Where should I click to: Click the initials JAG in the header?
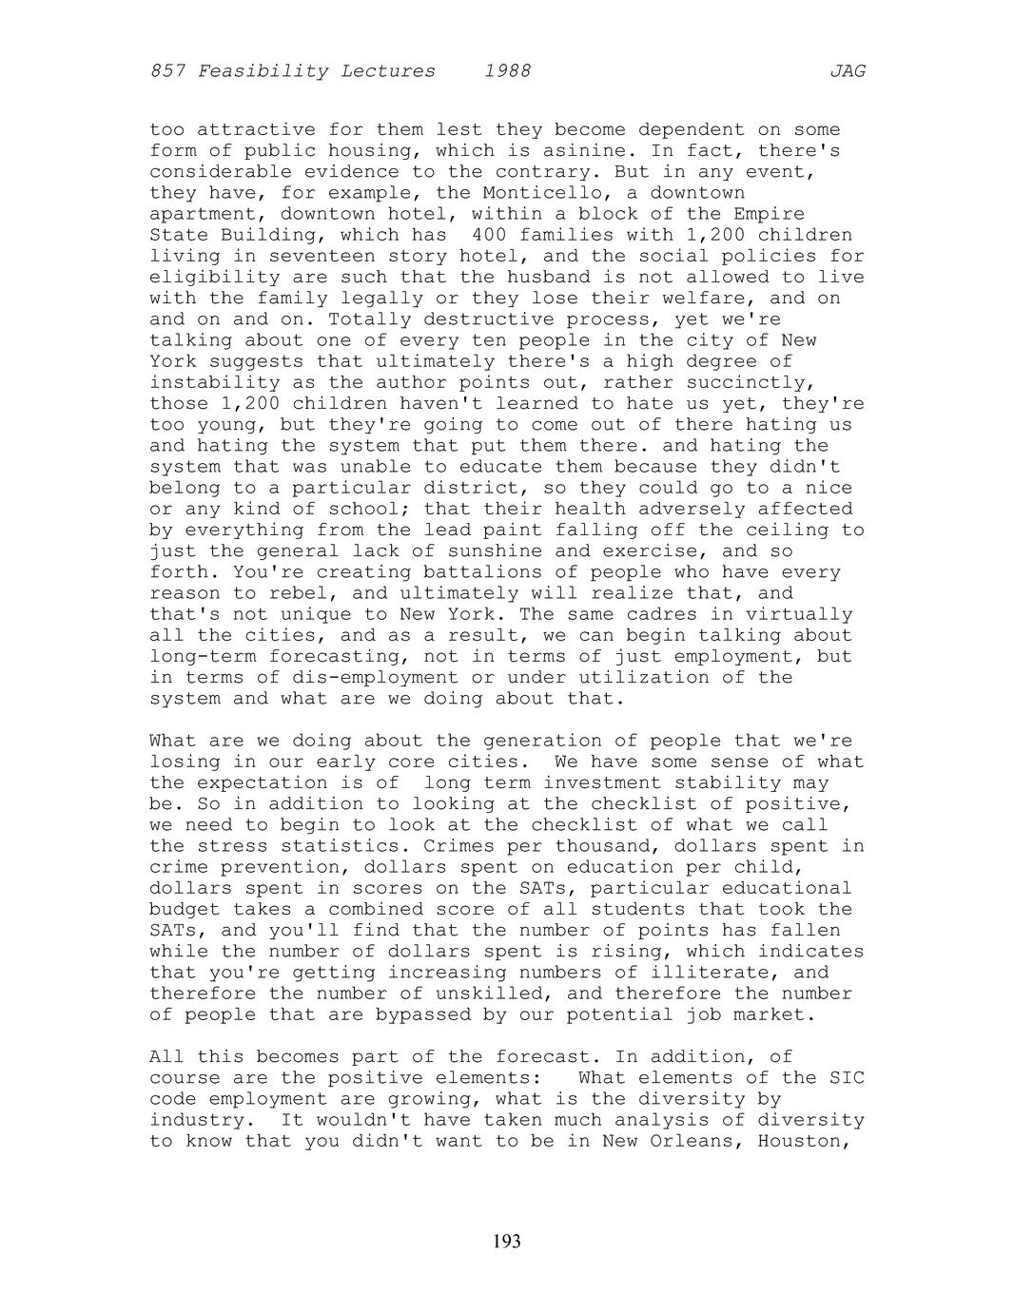(x=847, y=71)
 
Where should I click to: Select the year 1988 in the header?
(x=507, y=71)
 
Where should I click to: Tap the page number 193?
(x=507, y=1241)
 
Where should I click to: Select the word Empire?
(x=769, y=214)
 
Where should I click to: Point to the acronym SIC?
(x=847, y=1078)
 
